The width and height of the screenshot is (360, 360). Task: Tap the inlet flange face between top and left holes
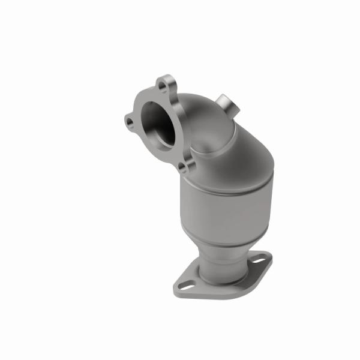tap(143, 99)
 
